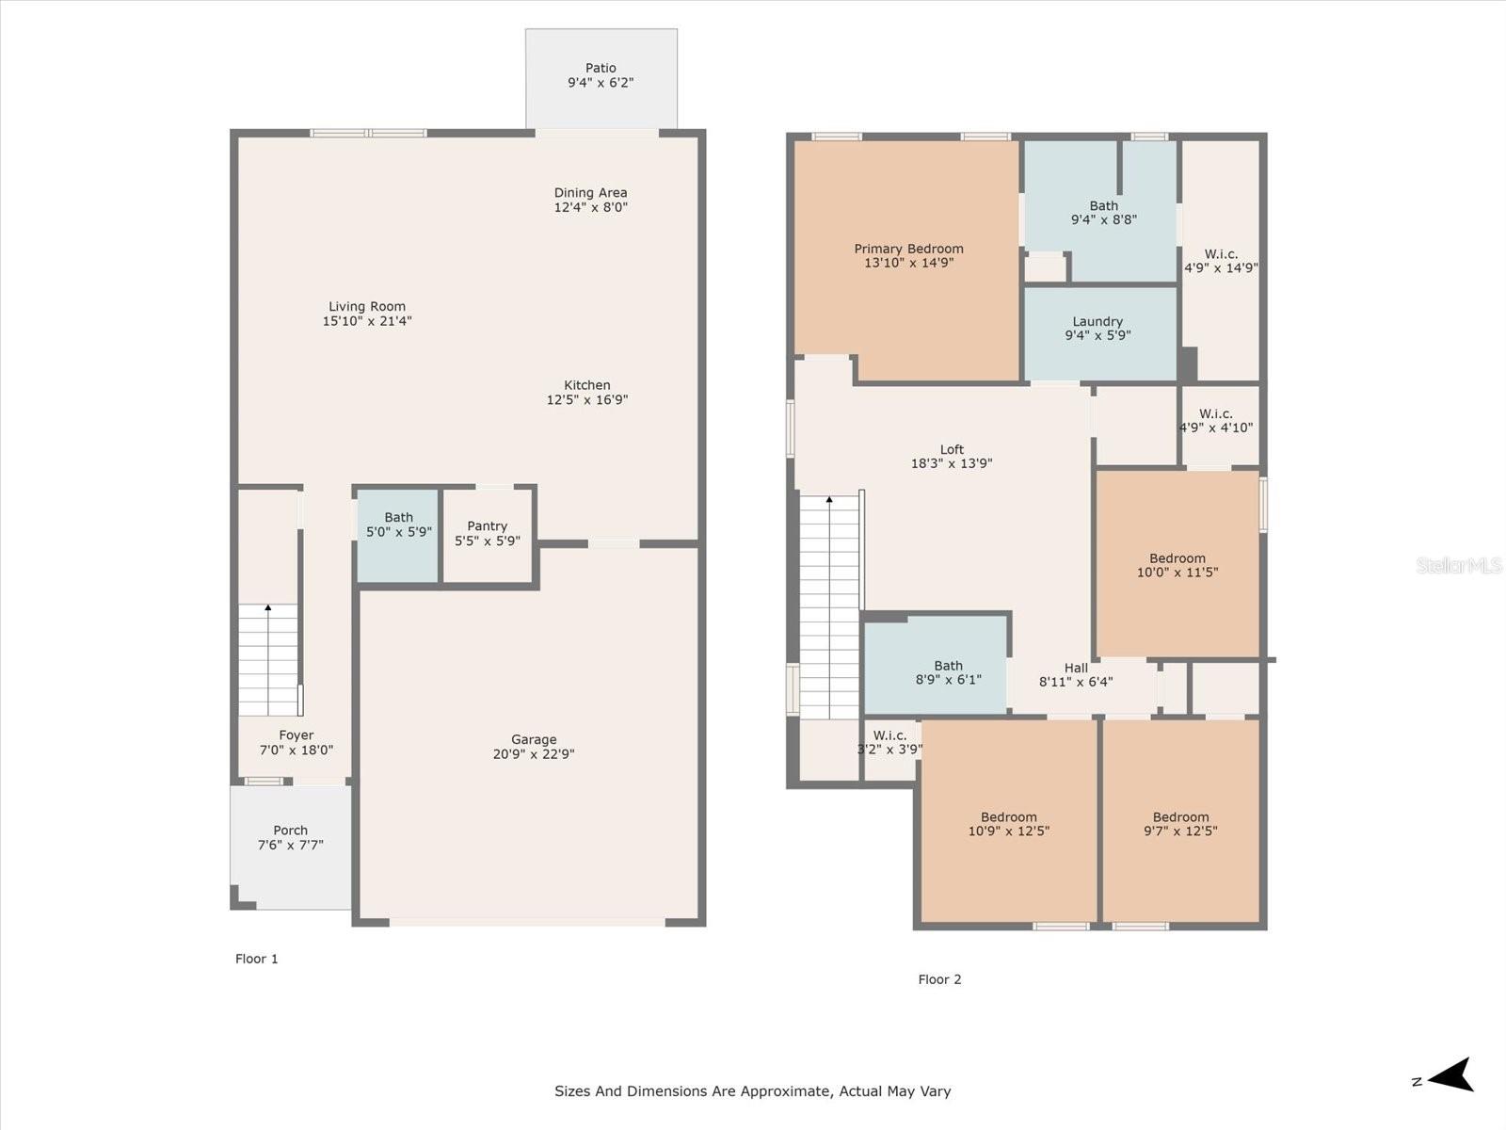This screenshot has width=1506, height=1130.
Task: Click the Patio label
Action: pyautogui.click(x=601, y=68)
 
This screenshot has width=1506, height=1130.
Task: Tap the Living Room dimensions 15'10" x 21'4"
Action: pyautogui.click(x=367, y=320)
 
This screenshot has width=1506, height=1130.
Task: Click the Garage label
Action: pyautogui.click(x=534, y=739)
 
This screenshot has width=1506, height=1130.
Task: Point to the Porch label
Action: pyautogui.click(x=290, y=831)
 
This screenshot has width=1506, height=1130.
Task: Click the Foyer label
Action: pyautogui.click(x=296, y=734)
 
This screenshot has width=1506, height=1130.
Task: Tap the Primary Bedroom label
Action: pyautogui.click(x=908, y=249)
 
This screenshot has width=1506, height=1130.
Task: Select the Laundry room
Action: pyautogui.click(x=1099, y=333)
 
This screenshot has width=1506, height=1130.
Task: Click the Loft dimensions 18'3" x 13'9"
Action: pyautogui.click(x=952, y=463)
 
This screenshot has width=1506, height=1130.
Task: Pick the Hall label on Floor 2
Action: pyautogui.click(x=1076, y=668)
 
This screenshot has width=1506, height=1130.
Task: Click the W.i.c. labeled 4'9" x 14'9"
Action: pyautogui.click(x=1221, y=261)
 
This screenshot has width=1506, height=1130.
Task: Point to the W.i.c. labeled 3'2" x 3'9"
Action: pyautogui.click(x=889, y=750)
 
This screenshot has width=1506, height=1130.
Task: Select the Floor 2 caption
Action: pyautogui.click(x=939, y=979)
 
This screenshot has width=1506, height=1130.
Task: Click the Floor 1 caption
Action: pyautogui.click(x=257, y=959)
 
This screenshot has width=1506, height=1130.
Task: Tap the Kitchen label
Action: pyautogui.click(x=586, y=385)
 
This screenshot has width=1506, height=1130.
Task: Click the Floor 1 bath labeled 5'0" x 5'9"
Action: pyautogui.click(x=398, y=536)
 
